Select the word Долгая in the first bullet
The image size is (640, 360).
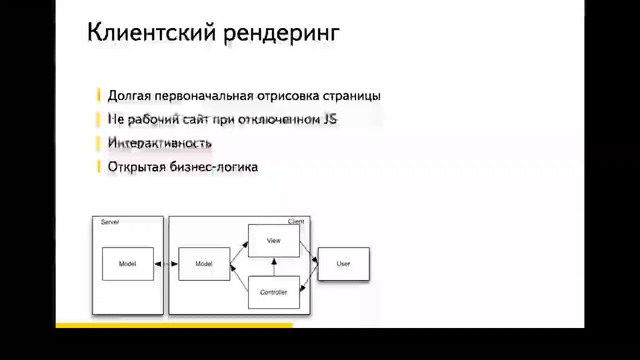point(129,96)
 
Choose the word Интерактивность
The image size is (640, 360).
point(159,143)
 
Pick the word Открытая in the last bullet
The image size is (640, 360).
point(138,166)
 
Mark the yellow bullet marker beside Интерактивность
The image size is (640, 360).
point(99,143)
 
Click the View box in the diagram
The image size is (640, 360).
point(273,241)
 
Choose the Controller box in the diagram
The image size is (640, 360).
point(273,291)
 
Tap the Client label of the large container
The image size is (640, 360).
point(296,221)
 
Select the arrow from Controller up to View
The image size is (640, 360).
point(273,266)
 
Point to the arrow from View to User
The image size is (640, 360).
point(309,253)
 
